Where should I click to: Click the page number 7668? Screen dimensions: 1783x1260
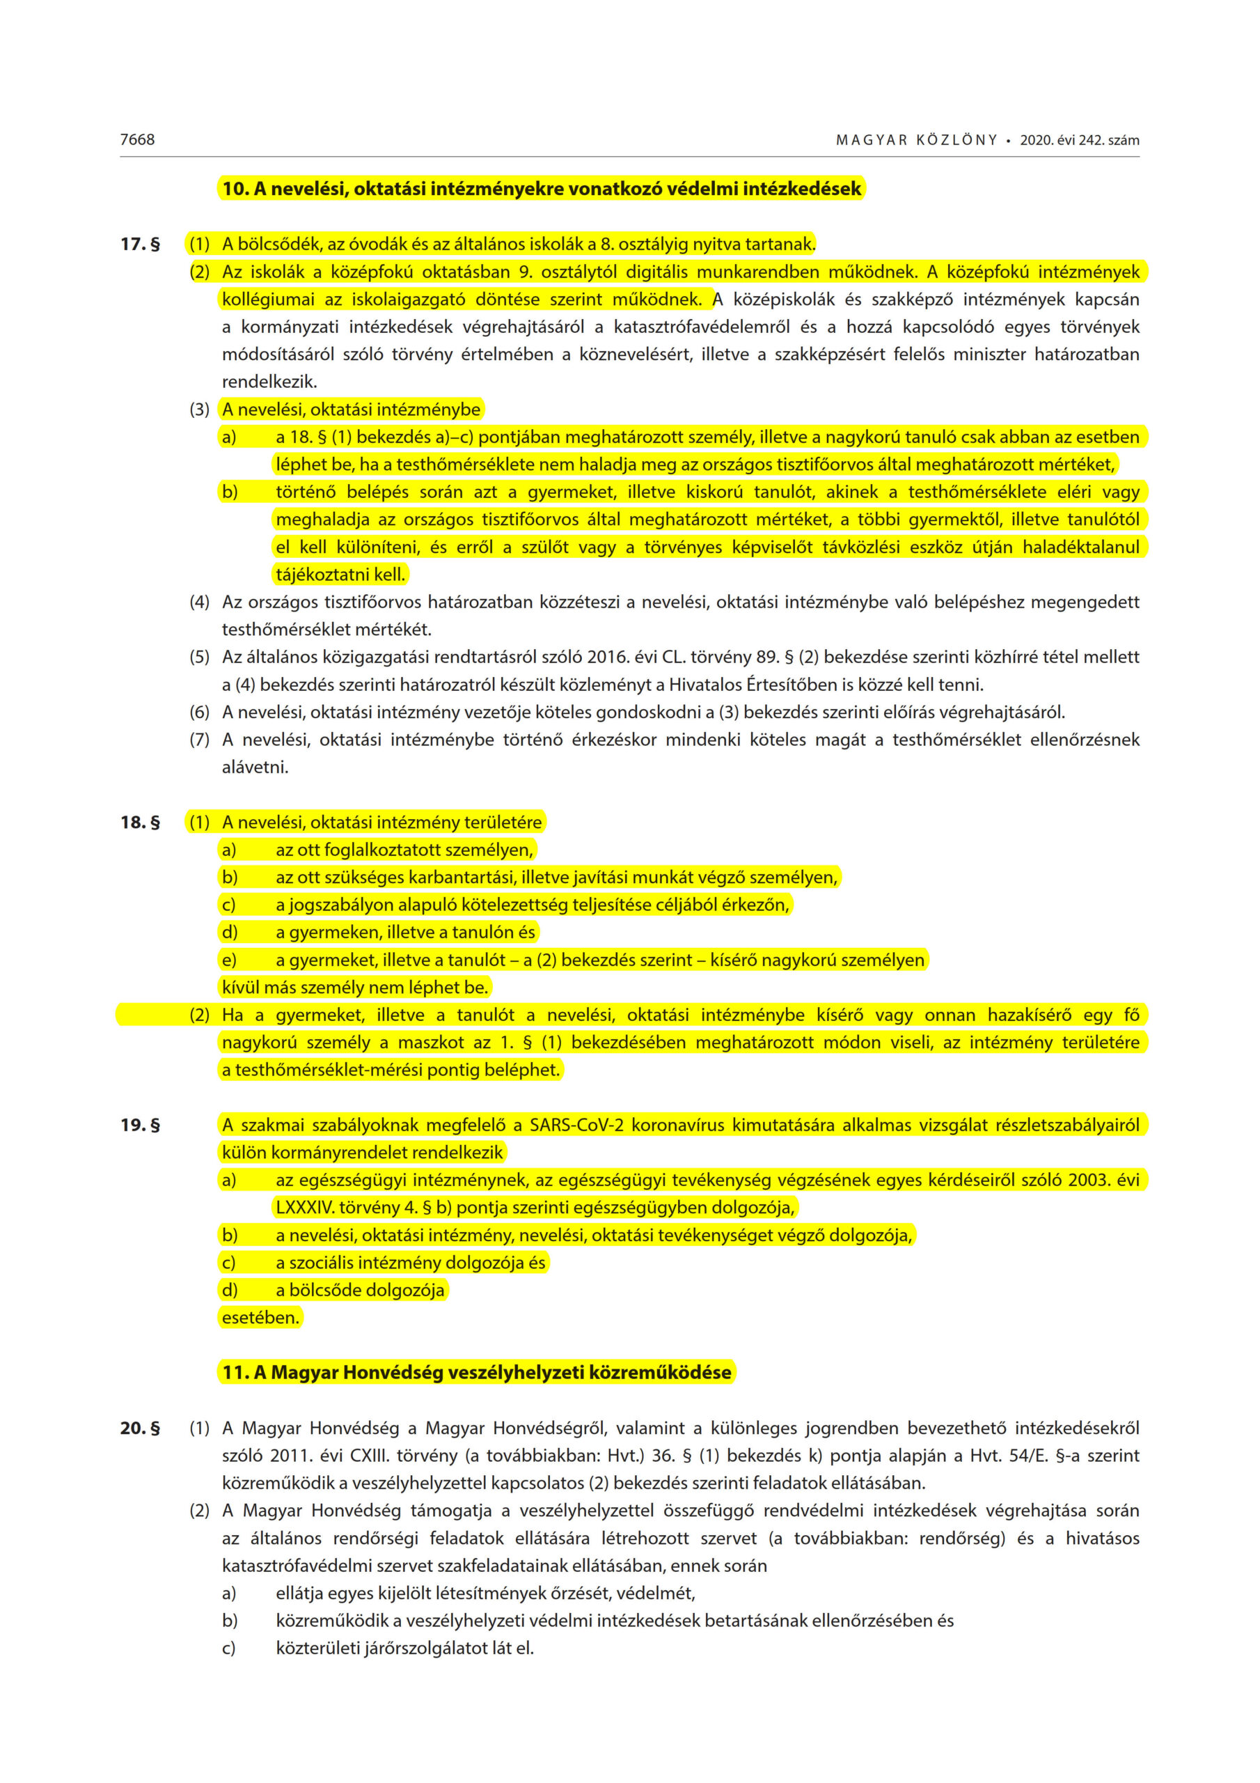point(137,140)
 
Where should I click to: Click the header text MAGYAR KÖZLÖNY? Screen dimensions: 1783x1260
point(916,141)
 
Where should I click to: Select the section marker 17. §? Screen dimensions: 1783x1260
point(141,244)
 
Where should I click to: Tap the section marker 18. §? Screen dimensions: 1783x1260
point(141,823)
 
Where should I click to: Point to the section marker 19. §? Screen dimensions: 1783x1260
point(141,1126)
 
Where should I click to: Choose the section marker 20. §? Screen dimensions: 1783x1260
point(141,1428)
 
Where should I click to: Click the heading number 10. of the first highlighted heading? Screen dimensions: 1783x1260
point(235,189)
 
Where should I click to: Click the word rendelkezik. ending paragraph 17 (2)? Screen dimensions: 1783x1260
point(269,382)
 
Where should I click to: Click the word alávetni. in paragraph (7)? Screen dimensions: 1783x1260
point(255,768)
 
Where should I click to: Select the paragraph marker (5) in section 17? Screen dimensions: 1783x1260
point(200,657)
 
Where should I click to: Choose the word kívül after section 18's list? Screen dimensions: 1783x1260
point(240,988)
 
